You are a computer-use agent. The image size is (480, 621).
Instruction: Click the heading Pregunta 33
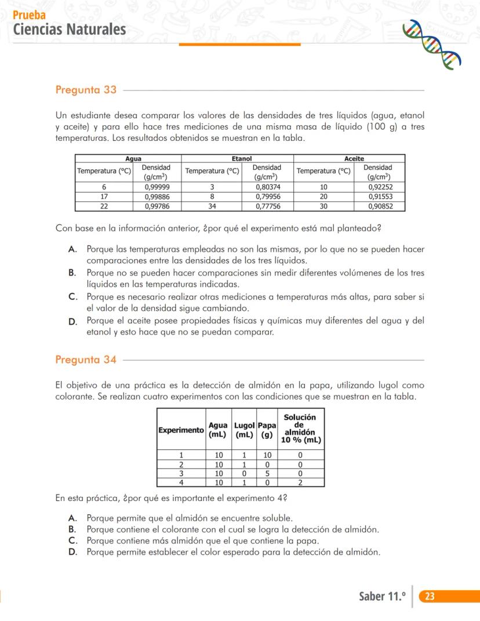click(x=86, y=90)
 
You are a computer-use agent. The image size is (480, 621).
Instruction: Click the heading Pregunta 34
click(x=86, y=359)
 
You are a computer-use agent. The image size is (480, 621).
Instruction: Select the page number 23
click(x=430, y=597)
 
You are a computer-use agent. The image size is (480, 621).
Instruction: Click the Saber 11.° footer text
click(x=382, y=597)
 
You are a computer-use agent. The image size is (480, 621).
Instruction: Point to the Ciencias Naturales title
click(x=69, y=29)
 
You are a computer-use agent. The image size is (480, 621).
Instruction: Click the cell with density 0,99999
click(x=157, y=187)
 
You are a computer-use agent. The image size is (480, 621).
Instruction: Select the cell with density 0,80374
click(x=268, y=187)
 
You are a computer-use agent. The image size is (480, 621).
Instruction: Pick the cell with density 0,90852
click(x=380, y=206)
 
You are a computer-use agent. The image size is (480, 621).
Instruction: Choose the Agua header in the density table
click(x=133, y=158)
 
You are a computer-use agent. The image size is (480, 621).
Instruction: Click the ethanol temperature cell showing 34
click(x=212, y=206)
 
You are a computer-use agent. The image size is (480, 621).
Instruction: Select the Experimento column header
click(x=181, y=430)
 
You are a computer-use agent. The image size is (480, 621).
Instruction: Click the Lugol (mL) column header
click(x=243, y=430)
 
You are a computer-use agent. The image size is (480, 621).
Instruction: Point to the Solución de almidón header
click(x=300, y=428)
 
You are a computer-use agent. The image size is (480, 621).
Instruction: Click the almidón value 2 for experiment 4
click(x=300, y=482)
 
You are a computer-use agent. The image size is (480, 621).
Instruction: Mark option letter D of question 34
click(x=72, y=552)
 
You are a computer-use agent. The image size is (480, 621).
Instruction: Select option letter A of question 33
click(x=72, y=249)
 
